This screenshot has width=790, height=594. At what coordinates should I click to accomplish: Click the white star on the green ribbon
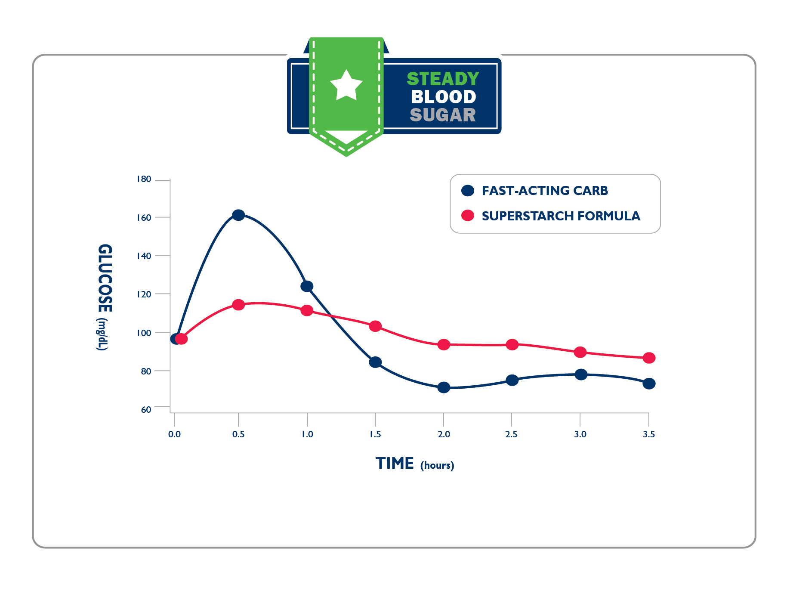[x=346, y=85]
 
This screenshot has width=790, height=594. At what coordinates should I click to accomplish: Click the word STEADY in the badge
[x=443, y=79]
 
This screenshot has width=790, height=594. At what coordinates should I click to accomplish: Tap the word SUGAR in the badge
[x=443, y=115]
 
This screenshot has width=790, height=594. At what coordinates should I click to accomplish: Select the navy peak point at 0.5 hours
[x=238, y=215]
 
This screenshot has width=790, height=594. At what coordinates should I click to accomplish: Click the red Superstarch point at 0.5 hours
[x=238, y=305]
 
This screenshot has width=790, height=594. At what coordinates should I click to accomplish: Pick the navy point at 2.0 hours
[x=444, y=387]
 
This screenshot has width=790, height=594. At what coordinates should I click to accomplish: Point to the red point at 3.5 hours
[x=649, y=358]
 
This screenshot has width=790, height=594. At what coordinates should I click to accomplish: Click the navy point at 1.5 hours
[x=375, y=362]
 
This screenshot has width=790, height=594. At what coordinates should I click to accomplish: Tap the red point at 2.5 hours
[x=512, y=344]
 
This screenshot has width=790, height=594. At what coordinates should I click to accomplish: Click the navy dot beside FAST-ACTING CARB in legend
[x=468, y=191]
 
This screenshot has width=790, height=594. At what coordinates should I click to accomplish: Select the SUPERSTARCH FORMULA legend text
[x=561, y=216]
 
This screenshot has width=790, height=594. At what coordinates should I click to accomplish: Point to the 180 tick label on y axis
[x=144, y=179]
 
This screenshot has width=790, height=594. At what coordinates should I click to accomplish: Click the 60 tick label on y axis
[x=146, y=409]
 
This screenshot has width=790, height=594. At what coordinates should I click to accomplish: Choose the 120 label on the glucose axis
[x=144, y=294]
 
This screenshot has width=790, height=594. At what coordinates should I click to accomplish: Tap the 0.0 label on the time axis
[x=174, y=434]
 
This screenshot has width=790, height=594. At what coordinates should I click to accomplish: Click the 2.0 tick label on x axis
[x=444, y=434]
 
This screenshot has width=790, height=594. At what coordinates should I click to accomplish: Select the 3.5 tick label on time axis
[x=649, y=434]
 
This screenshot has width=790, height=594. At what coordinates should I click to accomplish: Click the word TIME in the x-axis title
[x=395, y=464]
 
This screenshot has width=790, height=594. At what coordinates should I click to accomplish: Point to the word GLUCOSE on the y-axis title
[x=105, y=278]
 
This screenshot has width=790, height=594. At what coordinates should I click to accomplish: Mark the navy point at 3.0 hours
[x=581, y=374]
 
